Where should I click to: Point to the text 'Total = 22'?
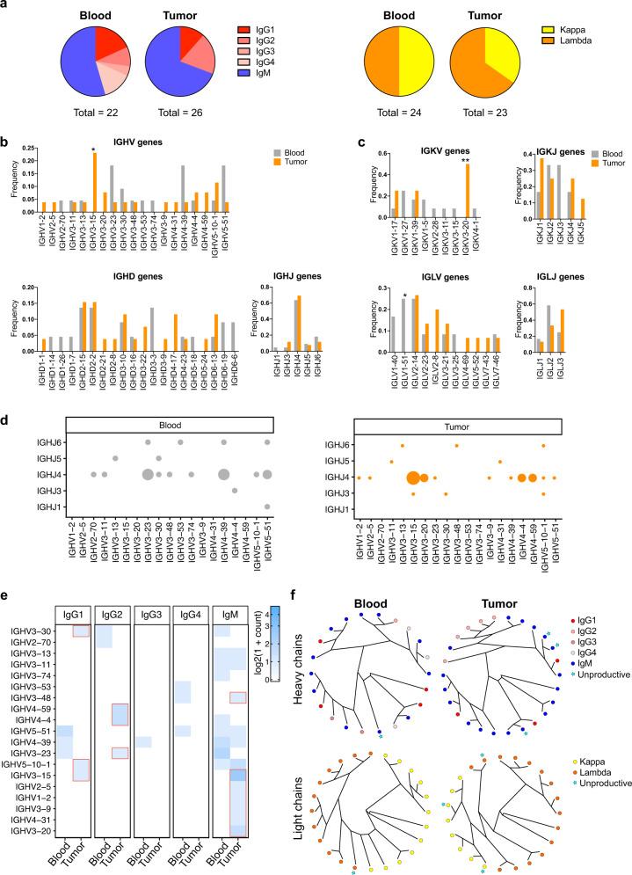point(82,113)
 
